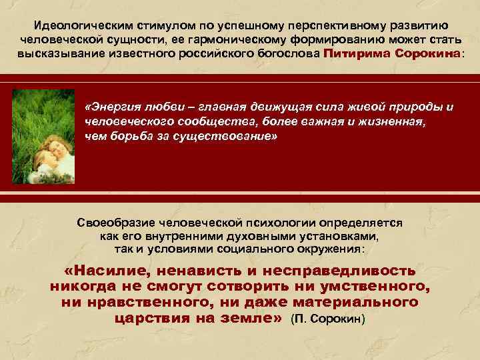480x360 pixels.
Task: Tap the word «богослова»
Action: point(289,54)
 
